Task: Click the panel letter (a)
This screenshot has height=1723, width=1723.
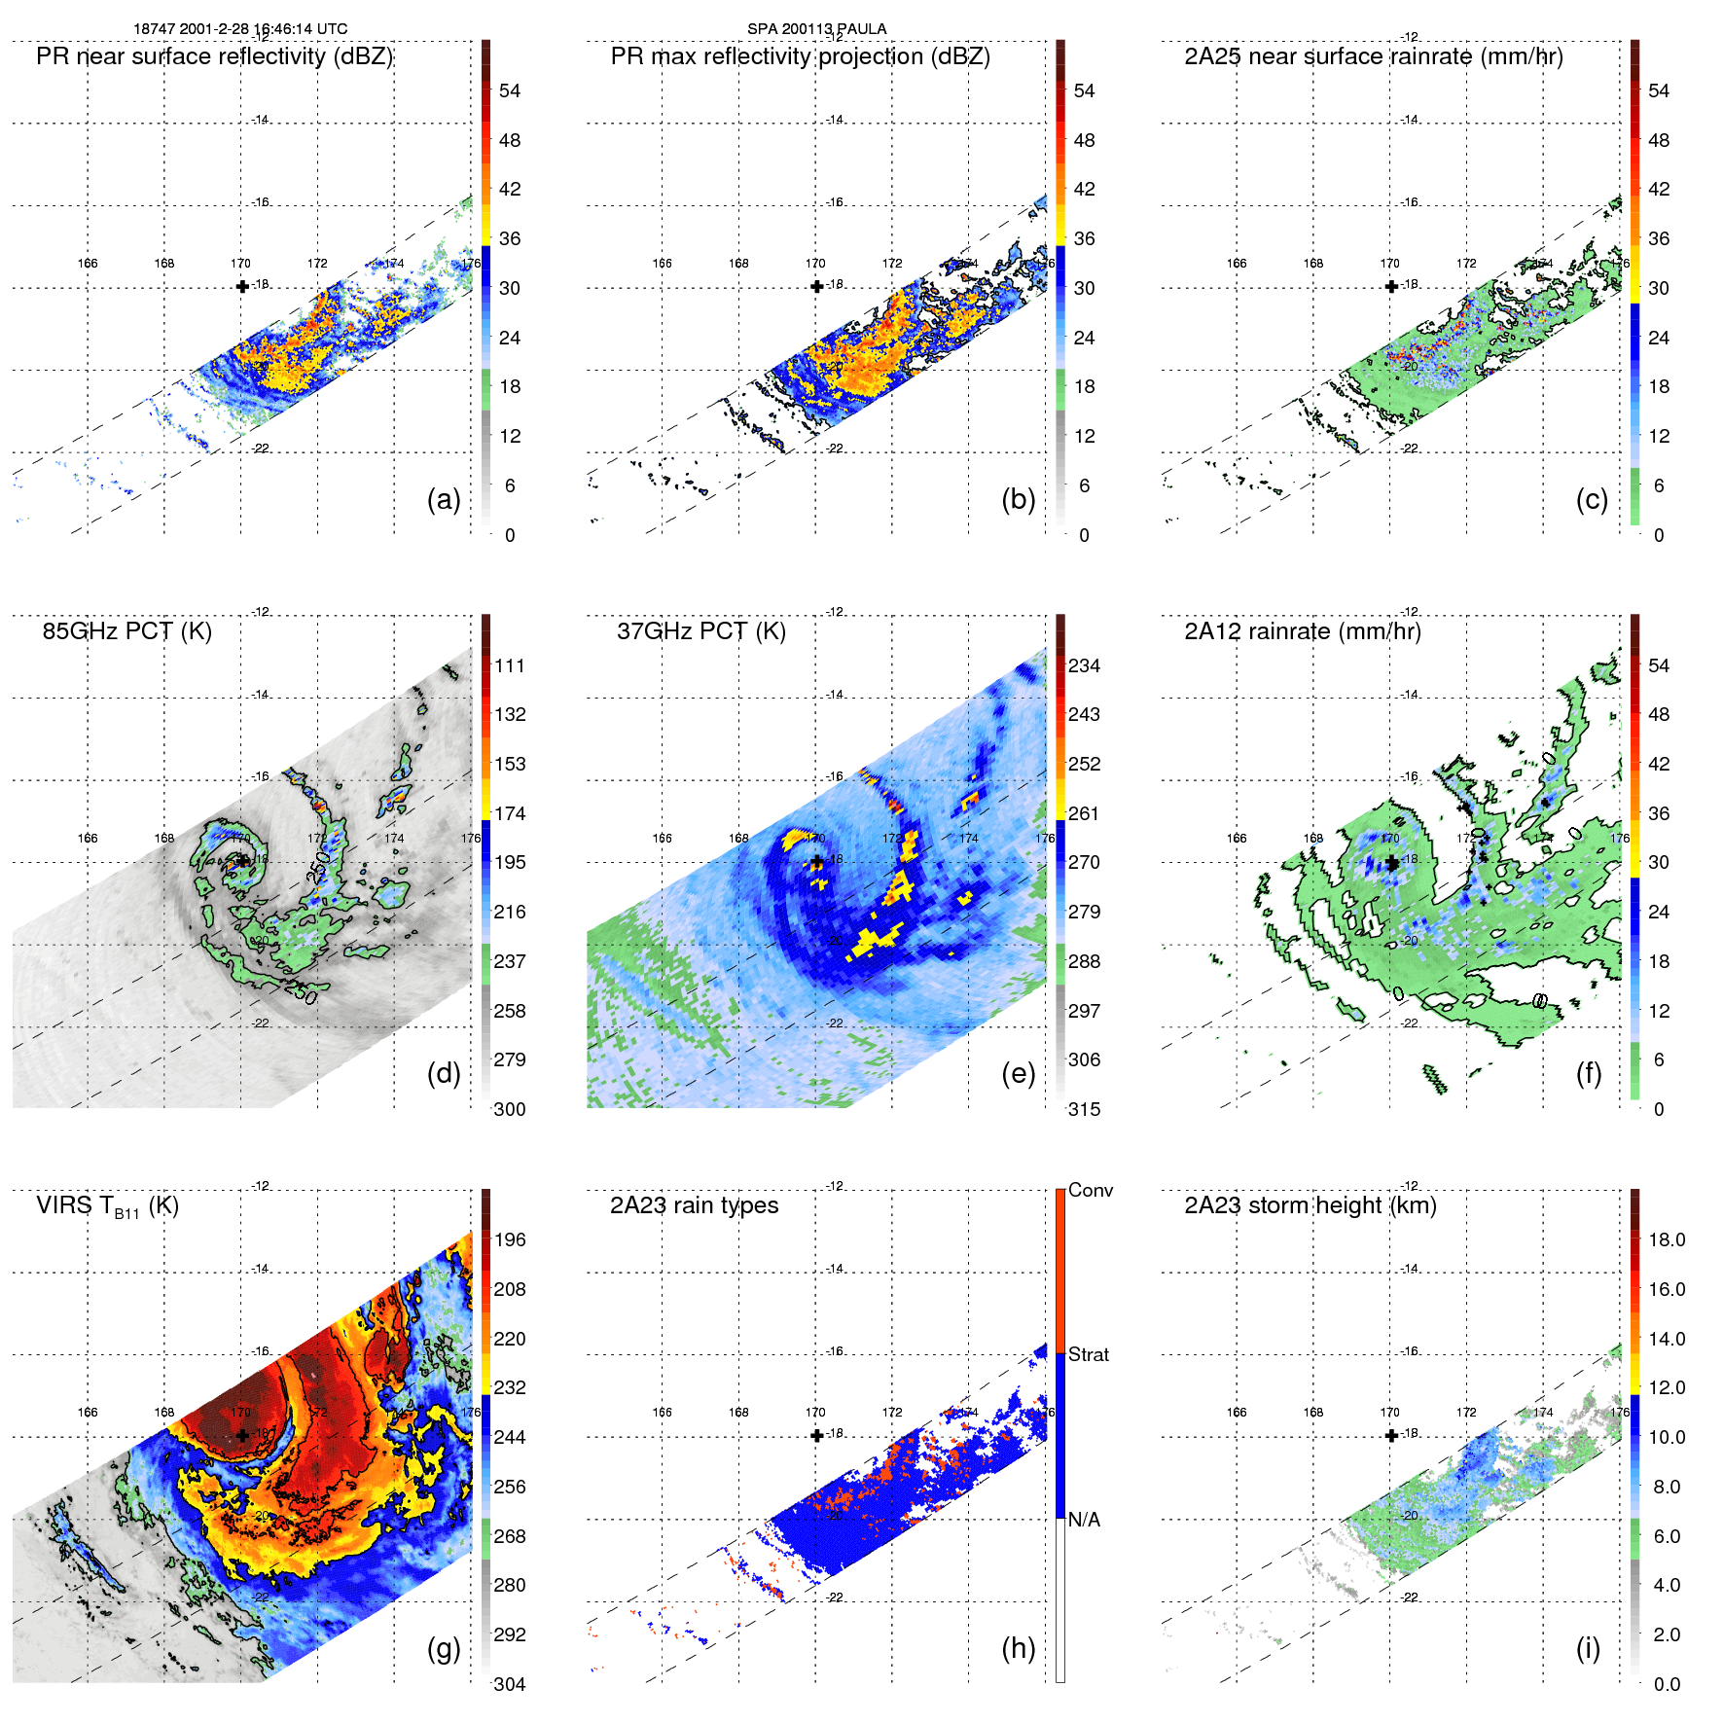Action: pos(444,500)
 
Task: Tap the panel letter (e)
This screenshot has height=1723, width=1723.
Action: pos(1018,1074)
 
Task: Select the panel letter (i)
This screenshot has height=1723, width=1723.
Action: pos(1588,1648)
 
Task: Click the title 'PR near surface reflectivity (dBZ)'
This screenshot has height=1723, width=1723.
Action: pos(214,56)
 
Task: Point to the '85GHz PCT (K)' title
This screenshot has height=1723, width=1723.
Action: pos(126,631)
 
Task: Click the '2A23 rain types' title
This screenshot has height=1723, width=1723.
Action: pos(694,1205)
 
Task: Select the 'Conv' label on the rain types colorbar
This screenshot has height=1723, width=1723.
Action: pos(1090,1190)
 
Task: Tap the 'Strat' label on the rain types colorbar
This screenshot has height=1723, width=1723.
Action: pos(1088,1354)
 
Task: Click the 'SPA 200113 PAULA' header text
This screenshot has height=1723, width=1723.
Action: pos(816,28)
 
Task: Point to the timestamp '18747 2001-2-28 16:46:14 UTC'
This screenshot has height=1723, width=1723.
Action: pos(240,28)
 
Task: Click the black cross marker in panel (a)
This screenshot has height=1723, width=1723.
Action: pos(242,286)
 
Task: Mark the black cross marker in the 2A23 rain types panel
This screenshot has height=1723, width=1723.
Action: pos(816,1435)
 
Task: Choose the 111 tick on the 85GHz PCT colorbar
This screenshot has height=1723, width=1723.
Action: pos(509,665)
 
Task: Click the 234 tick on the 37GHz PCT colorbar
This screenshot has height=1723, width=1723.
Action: pos(1084,665)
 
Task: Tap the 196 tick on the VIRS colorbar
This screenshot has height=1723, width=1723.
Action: pos(509,1239)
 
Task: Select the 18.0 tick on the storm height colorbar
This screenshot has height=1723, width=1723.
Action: pos(1666,1239)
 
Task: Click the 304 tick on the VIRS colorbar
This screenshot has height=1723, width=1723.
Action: pos(509,1684)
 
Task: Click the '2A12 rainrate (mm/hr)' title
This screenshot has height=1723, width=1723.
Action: pos(1302,631)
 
